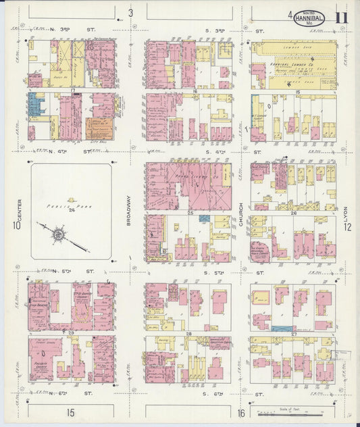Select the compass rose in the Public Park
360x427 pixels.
coord(58,234)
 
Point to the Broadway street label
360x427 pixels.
coord(128,210)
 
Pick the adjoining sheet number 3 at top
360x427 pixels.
coord(131,14)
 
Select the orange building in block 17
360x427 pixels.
coord(99,128)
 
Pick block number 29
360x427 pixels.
coord(71,333)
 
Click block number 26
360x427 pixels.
coord(293,213)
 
